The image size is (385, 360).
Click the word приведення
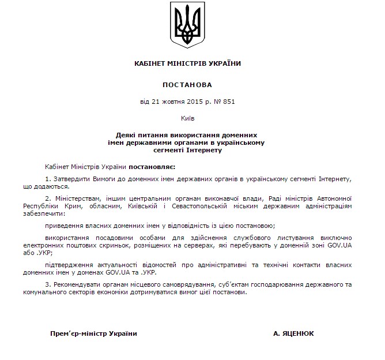[x=64, y=225]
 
